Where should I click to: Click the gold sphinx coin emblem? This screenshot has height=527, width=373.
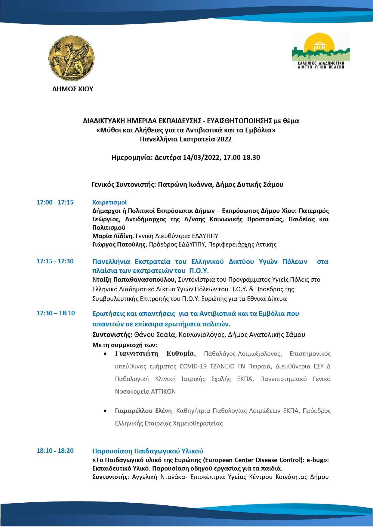point(71,58)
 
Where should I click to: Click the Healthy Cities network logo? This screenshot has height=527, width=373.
point(321,51)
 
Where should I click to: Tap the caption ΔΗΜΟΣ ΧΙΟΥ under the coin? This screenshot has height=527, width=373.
point(73,89)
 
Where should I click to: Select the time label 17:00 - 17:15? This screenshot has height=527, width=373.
point(55,202)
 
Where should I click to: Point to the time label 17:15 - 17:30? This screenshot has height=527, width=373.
point(55,261)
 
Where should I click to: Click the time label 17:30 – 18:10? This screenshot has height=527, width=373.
point(56,313)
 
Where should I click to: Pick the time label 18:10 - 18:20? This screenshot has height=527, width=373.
point(55,451)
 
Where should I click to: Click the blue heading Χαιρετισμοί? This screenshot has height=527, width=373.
point(109,202)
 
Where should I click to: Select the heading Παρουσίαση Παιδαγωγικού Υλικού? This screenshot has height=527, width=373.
point(147,451)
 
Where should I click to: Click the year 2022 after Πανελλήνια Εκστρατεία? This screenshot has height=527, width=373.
point(224,139)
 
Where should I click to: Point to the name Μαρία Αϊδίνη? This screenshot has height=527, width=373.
point(113,236)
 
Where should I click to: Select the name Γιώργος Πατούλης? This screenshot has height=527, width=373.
point(119,244)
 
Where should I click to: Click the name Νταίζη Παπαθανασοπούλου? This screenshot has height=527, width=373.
point(134,280)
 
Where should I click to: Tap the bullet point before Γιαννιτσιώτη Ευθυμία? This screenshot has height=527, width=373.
point(105,354)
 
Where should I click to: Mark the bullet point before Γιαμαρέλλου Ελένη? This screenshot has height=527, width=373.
point(105,411)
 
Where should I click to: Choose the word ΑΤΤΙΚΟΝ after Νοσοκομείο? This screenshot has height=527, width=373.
point(163,392)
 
